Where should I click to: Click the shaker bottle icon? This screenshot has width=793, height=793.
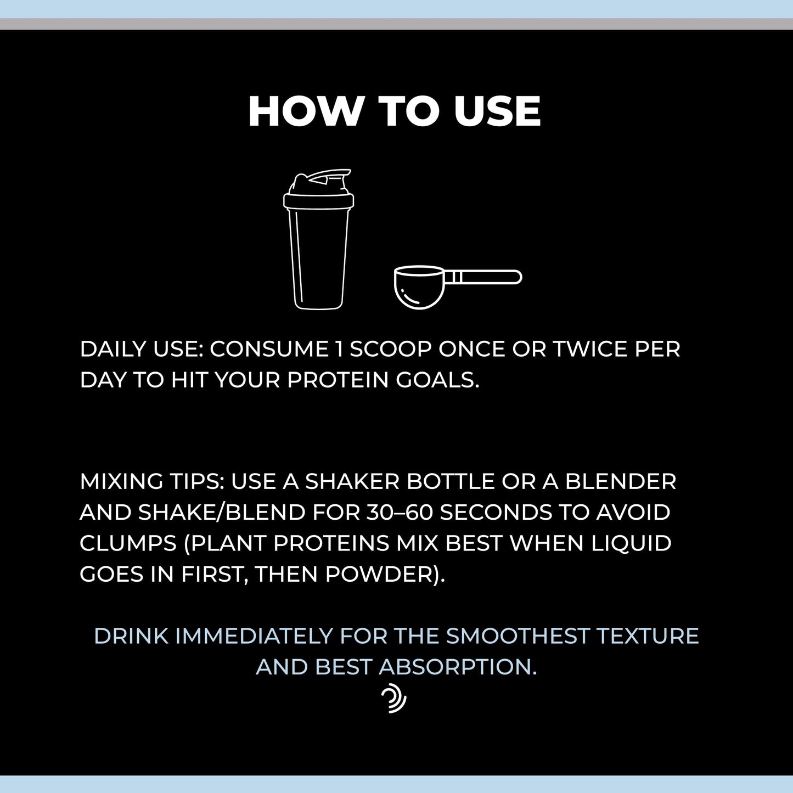(x=318, y=239)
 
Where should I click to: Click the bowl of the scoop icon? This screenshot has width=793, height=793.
(x=419, y=287)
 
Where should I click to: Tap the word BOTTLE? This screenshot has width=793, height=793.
(x=450, y=481)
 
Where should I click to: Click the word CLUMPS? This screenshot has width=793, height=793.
(x=128, y=543)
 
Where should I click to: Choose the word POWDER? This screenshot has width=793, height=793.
(x=379, y=574)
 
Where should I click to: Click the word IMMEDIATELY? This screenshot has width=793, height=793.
(x=254, y=636)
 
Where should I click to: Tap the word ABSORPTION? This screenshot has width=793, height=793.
(x=458, y=667)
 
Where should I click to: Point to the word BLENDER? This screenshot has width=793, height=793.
(x=621, y=481)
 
